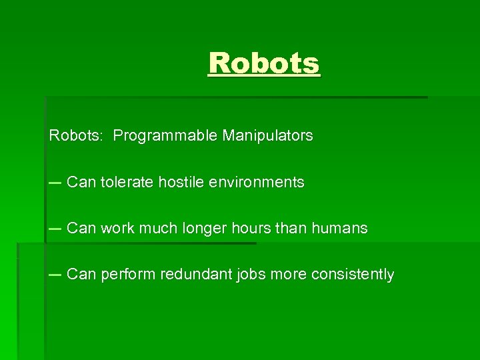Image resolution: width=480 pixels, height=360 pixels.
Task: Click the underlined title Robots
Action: tap(264, 63)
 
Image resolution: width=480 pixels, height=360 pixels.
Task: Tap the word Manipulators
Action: tap(267, 136)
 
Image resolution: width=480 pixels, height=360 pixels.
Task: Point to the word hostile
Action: tap(181, 182)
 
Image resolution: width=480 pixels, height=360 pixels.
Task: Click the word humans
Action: tap(339, 228)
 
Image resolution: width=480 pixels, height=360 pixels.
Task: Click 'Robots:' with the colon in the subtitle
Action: tap(75, 136)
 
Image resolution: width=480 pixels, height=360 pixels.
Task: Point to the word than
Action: tap(288, 228)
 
